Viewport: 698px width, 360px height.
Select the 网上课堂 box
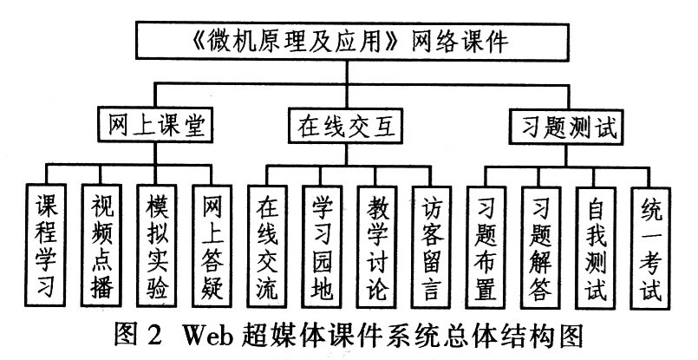tap(151, 127)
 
